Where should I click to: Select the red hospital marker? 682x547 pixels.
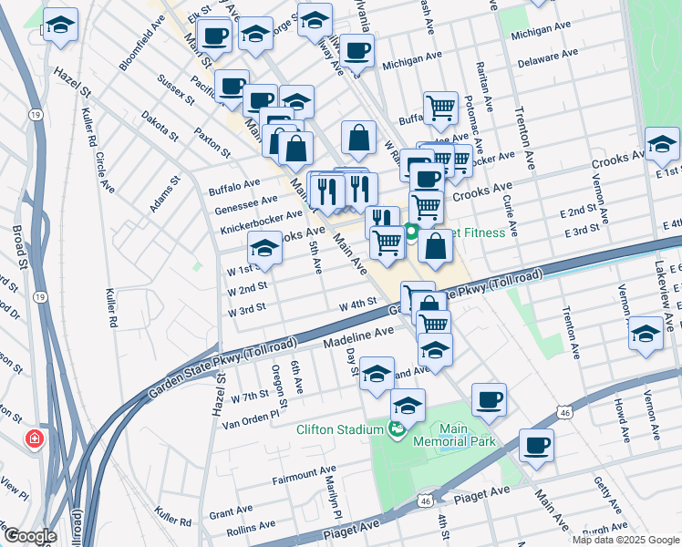click(35, 439)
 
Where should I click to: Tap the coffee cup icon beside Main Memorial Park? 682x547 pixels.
click(489, 399)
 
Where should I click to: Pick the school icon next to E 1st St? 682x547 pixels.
click(662, 143)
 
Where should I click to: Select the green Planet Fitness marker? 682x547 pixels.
click(411, 232)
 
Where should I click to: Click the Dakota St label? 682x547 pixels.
click(160, 127)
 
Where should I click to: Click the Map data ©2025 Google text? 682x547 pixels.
click(625, 540)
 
